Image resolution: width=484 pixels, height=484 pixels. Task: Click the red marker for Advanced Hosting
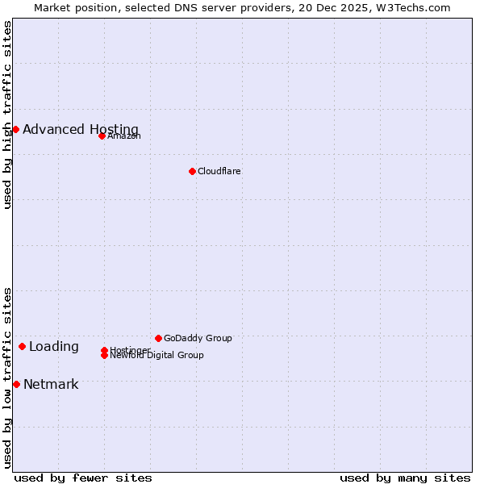(15, 129)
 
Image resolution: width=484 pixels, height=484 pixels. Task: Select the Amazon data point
(102, 136)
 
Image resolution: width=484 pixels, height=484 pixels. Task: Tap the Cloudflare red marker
(192, 171)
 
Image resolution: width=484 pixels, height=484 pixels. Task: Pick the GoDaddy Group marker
(158, 338)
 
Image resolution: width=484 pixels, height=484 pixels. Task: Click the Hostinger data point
(105, 350)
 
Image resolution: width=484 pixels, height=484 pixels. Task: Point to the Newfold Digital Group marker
(105, 355)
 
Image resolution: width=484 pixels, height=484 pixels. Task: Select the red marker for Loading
(22, 346)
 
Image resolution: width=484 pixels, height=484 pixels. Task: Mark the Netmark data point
(16, 384)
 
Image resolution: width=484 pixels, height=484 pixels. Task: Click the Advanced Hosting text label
(81, 129)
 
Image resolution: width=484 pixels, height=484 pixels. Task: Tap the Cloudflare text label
(219, 171)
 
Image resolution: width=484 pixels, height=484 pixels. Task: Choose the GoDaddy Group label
(198, 338)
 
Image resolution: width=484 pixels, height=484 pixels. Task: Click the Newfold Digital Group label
(158, 356)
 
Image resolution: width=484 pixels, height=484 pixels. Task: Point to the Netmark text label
(51, 384)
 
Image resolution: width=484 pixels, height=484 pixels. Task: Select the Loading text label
(54, 347)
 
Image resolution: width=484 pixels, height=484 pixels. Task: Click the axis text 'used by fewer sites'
(83, 478)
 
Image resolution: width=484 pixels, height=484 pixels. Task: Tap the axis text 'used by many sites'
(405, 478)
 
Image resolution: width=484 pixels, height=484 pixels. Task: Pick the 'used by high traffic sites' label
(7, 115)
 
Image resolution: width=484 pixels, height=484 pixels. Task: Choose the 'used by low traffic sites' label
(7, 378)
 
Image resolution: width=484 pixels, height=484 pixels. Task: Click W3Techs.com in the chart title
(416, 7)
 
